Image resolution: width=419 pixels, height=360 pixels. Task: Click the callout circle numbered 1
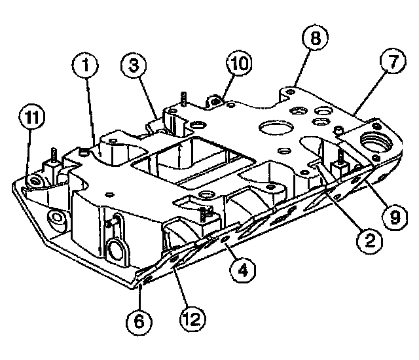[x=85, y=65]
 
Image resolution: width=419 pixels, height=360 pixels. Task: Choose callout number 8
[x=315, y=39]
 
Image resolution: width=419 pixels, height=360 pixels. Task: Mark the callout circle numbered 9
[x=393, y=215]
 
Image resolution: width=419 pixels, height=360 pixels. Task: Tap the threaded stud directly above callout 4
[x=207, y=215]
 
